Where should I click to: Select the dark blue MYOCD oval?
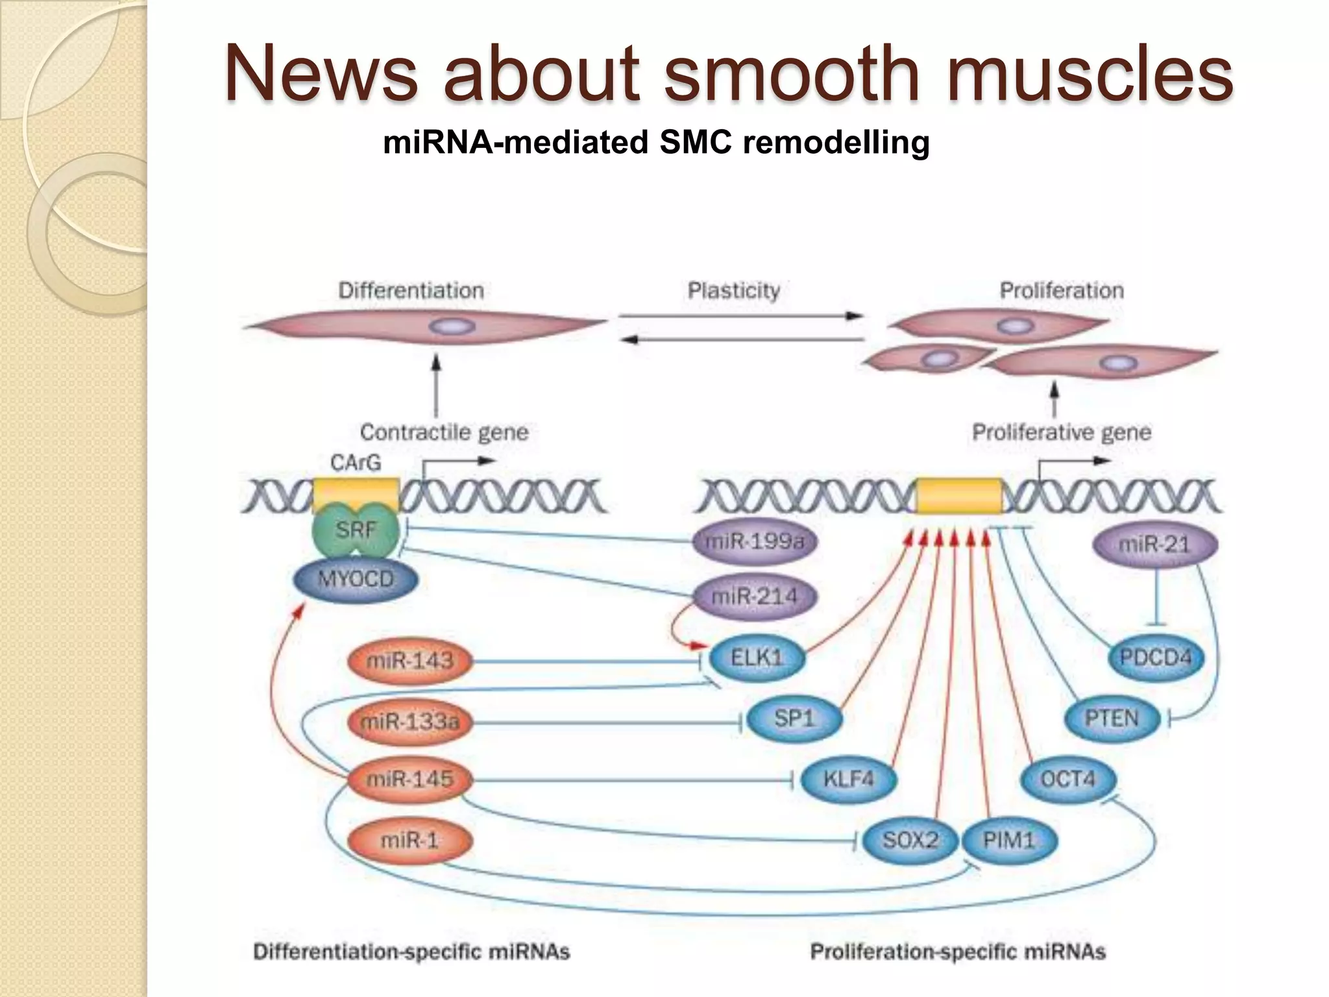click(356, 579)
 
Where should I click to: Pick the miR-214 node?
click(754, 596)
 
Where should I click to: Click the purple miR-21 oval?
click(1154, 544)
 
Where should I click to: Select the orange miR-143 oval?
click(409, 661)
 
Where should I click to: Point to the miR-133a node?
click(409, 721)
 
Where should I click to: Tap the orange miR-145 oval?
click(409, 779)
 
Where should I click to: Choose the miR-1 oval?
click(409, 841)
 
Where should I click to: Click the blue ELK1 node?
click(757, 658)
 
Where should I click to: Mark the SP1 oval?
click(794, 719)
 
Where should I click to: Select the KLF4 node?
click(848, 779)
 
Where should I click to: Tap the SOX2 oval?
click(910, 841)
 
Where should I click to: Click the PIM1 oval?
click(1008, 841)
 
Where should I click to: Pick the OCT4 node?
click(1067, 779)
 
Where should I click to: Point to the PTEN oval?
click(1112, 719)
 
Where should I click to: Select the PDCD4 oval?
click(1156, 658)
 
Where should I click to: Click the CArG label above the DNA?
click(355, 463)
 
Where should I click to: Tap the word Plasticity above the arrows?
click(733, 291)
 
